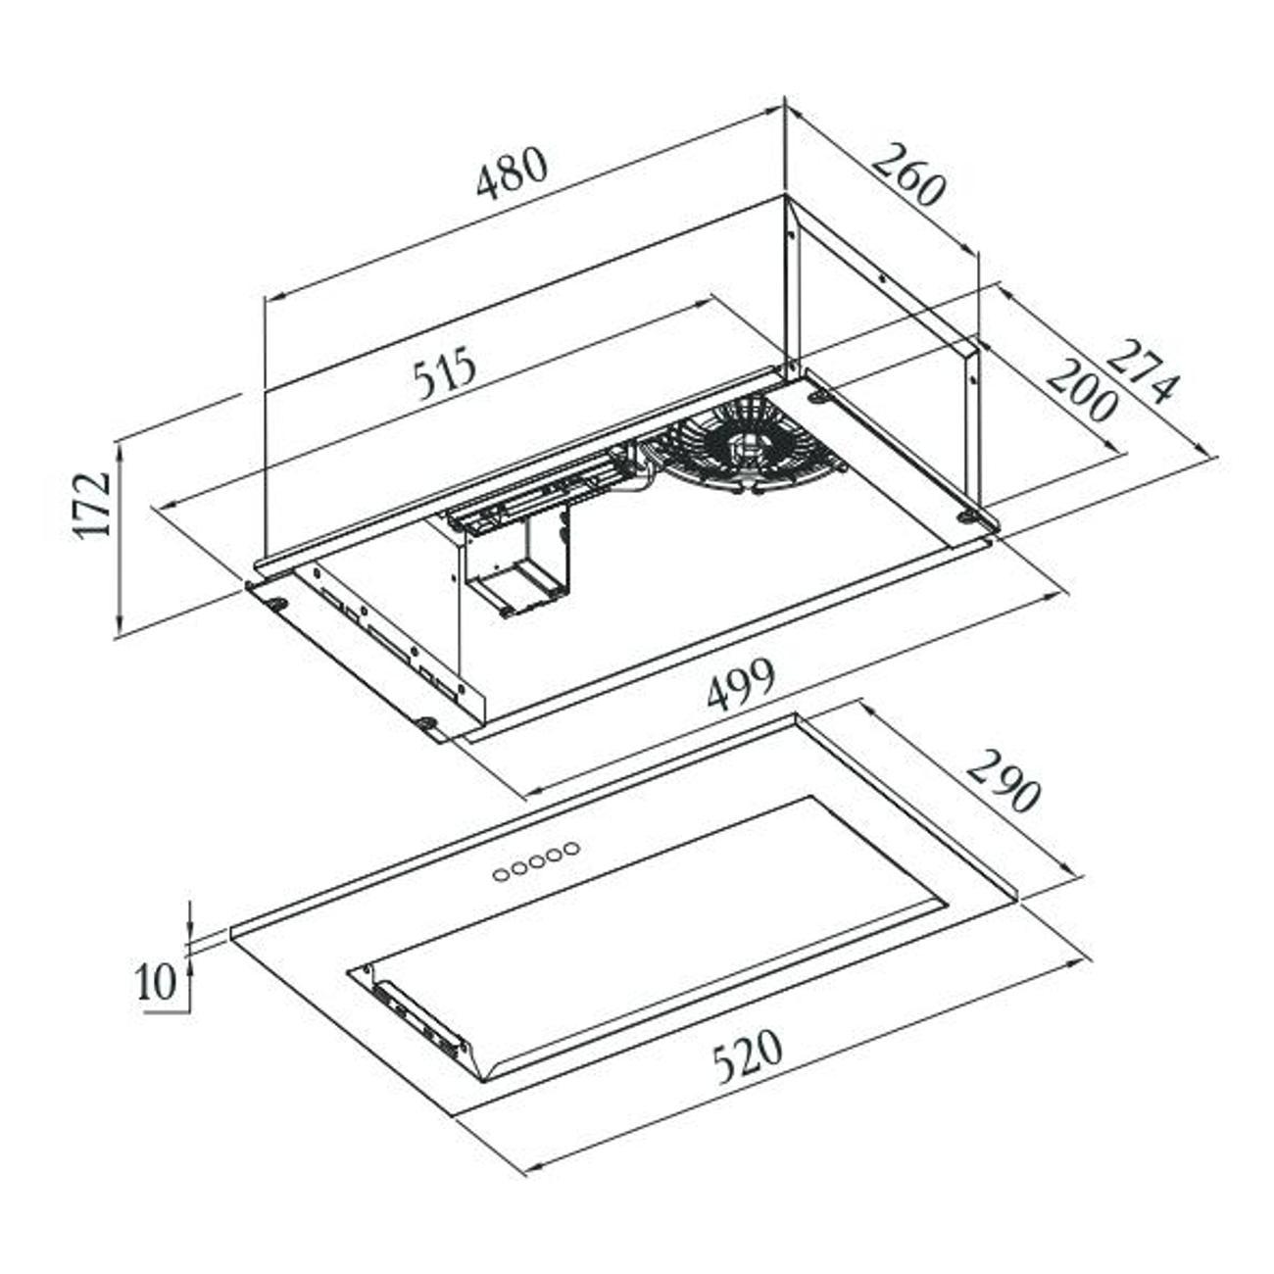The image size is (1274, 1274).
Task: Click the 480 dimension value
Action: click(x=513, y=172)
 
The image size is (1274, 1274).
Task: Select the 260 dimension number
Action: click(x=906, y=173)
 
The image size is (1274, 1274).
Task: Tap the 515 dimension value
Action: click(x=444, y=372)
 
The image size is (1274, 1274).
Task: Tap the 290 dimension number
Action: click(x=1003, y=779)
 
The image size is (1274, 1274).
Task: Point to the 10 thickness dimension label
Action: click(x=157, y=982)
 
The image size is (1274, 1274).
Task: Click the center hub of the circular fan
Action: click(x=747, y=444)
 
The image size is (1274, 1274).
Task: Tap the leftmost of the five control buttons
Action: click(x=501, y=875)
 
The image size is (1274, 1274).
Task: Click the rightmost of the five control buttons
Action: click(x=572, y=848)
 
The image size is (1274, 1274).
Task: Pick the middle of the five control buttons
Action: click(x=537, y=861)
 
